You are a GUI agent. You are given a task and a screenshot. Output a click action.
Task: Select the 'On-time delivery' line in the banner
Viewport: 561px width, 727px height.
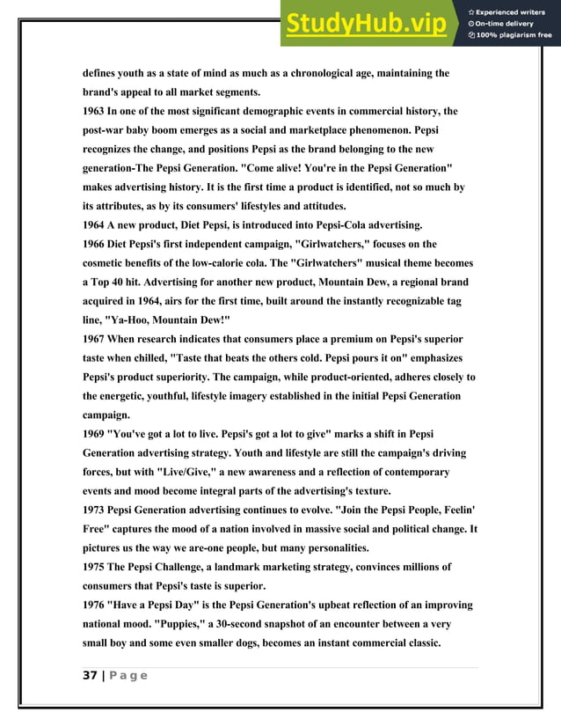pyautogui.click(x=507, y=24)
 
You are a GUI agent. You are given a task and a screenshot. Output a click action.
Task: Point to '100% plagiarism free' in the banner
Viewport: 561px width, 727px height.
pyautogui.click(x=514, y=36)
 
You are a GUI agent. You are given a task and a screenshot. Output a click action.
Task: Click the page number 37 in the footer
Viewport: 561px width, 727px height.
pyautogui.click(x=90, y=675)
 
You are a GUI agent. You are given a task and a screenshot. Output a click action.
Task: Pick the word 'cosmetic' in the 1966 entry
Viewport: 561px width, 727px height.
pyautogui.click(x=110, y=263)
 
